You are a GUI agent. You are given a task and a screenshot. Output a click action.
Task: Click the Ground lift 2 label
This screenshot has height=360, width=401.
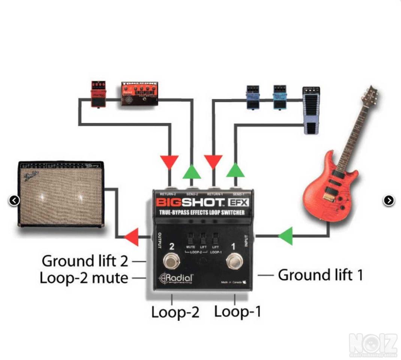coord(85,261)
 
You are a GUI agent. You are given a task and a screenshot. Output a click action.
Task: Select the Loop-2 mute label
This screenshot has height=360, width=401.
coord(84,278)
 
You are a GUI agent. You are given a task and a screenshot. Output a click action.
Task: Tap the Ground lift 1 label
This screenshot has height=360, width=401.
coord(320,275)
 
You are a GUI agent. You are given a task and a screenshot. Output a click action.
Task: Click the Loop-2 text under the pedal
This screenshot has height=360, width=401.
coord(175,312)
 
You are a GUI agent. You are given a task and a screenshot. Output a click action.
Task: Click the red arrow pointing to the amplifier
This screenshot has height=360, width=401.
coord(131,237)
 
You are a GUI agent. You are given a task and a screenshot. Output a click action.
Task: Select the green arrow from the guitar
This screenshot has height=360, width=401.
coord(286,236)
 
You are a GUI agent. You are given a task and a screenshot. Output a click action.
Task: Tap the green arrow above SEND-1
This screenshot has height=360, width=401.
coord(235,170)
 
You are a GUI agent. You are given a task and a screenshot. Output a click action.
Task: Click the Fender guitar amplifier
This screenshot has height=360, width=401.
coord(61,194)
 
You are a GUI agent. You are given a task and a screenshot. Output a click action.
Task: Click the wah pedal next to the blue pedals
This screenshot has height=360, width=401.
coord(311,110)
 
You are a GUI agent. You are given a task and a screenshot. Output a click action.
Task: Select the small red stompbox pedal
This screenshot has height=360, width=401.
coord(98,94)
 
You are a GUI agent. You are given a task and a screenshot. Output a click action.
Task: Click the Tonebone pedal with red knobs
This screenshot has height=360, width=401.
coord(139,94)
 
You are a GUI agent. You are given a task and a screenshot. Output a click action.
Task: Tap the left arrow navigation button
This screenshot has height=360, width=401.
coord(14,201)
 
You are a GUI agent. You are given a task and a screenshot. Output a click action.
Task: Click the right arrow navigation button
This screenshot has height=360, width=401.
coord(389,201)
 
